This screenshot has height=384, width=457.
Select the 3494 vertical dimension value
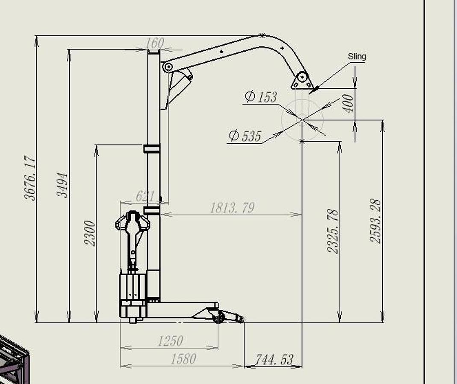(x=62, y=185)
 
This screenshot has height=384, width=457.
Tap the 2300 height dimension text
(x=90, y=233)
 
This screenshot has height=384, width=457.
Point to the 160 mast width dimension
(x=155, y=43)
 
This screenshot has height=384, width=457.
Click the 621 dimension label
(x=145, y=196)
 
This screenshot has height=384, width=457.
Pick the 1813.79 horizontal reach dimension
(x=232, y=208)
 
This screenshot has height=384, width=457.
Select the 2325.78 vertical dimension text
(x=333, y=231)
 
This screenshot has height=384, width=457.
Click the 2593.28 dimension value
(x=375, y=221)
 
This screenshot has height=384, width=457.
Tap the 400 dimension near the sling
(x=349, y=103)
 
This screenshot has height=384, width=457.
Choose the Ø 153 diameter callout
(x=261, y=97)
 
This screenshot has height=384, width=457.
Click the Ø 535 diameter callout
(x=245, y=136)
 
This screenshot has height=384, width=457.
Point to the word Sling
(x=357, y=56)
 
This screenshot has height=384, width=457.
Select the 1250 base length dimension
(x=170, y=341)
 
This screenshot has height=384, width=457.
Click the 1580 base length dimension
(x=183, y=359)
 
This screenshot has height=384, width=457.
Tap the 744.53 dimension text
(x=274, y=360)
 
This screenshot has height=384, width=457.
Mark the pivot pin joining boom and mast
(x=167, y=67)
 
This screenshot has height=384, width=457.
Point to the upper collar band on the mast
(x=152, y=148)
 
